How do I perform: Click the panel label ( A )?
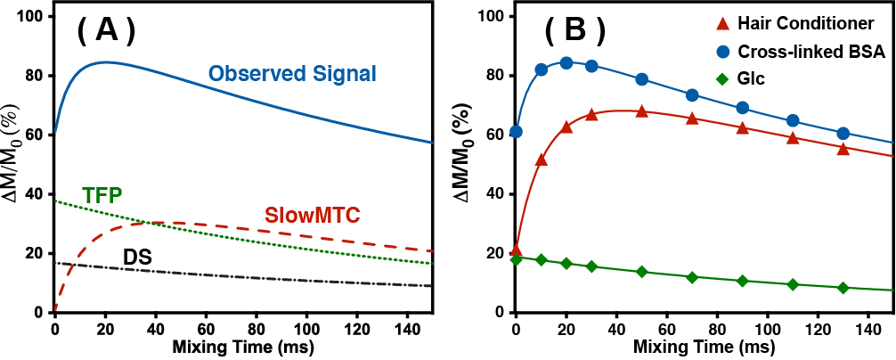coord(106,31)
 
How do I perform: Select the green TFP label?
coord(102,193)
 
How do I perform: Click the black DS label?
coord(136,258)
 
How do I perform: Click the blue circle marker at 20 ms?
coord(566,63)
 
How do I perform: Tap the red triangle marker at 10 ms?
coord(541,160)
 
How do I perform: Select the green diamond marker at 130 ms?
coord(843,288)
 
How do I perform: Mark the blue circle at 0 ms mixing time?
coord(516,132)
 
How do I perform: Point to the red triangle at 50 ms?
coord(641,111)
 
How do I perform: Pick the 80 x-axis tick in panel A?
coord(257,327)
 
